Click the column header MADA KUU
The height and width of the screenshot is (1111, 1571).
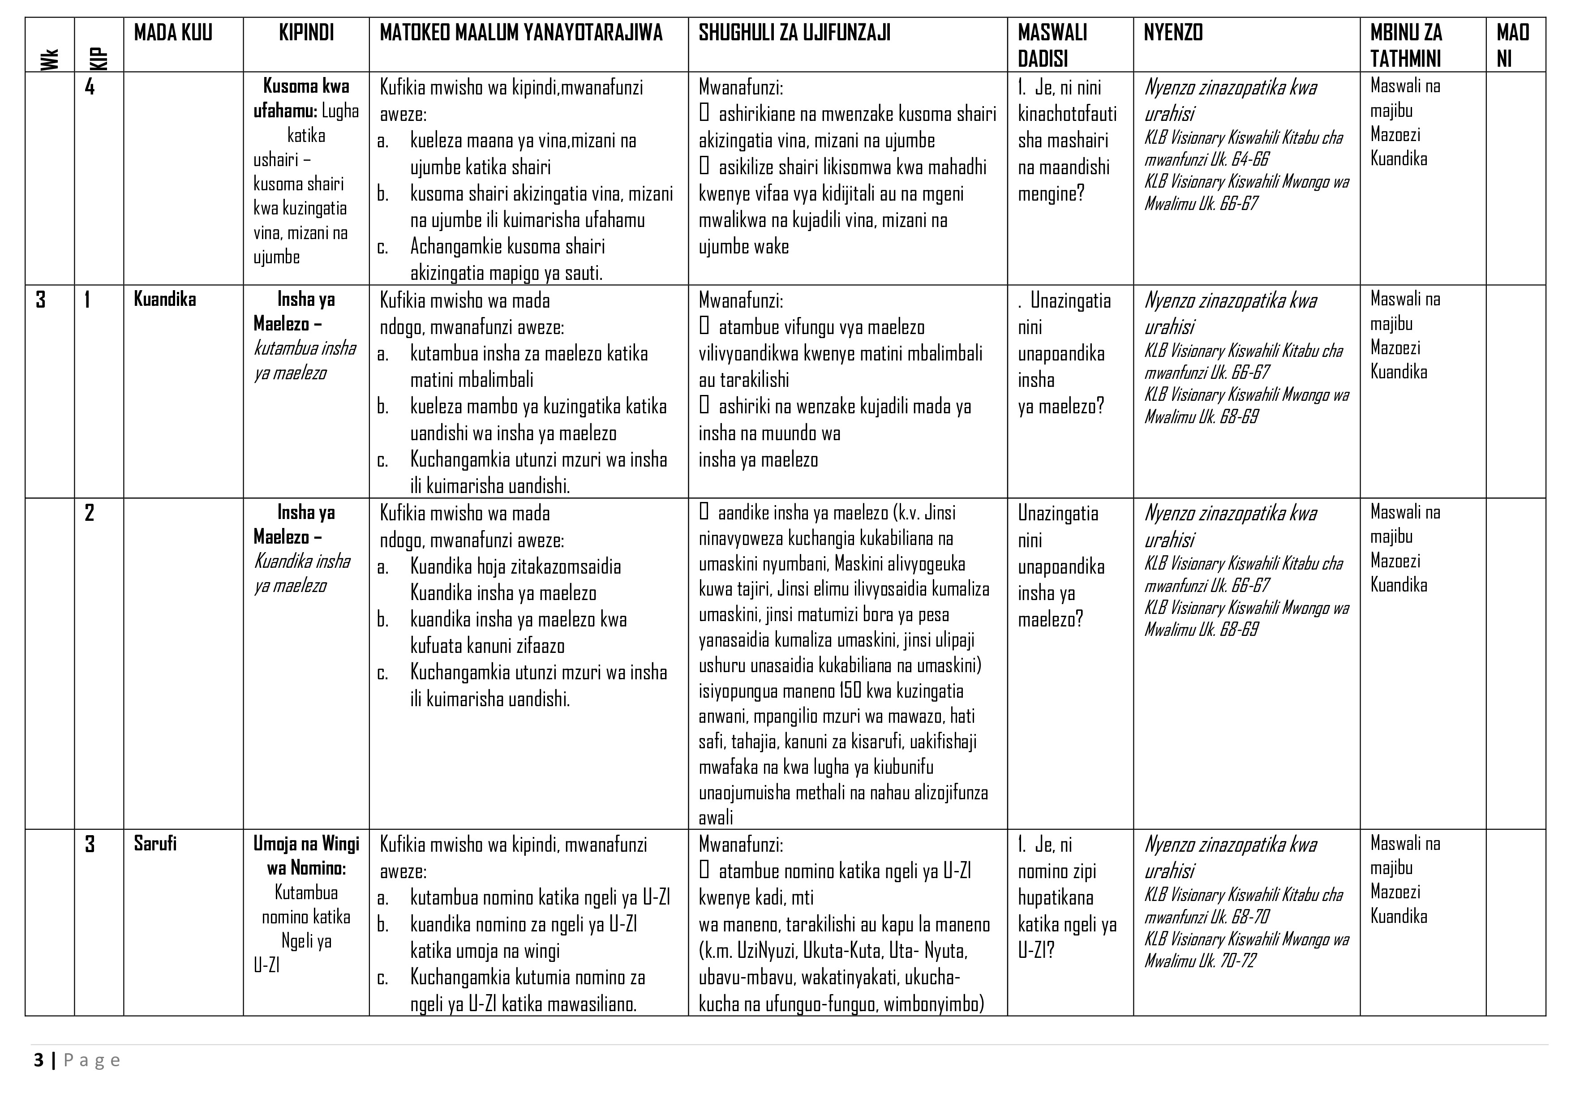(173, 33)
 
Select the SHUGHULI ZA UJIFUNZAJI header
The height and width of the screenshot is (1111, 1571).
(794, 33)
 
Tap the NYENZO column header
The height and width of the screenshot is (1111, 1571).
(1173, 33)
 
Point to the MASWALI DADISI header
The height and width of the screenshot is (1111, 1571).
(1052, 46)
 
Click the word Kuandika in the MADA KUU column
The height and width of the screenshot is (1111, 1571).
(165, 300)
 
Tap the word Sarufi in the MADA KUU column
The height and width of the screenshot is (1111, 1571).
(155, 844)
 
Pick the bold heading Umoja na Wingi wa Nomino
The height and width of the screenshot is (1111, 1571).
(306, 856)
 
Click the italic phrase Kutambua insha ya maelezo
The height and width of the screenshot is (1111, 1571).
(305, 360)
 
